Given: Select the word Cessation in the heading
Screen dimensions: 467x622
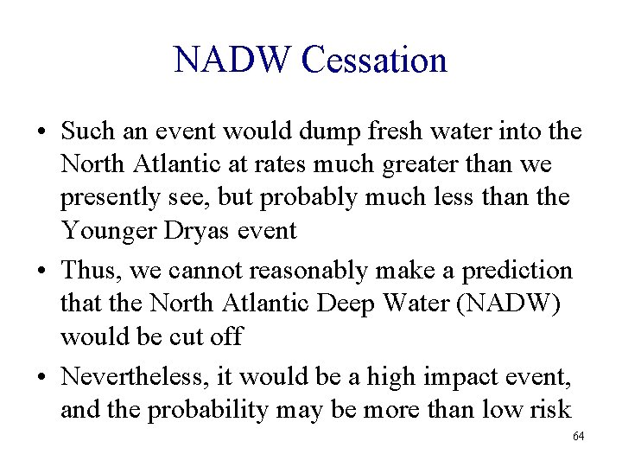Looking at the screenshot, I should click(373, 61).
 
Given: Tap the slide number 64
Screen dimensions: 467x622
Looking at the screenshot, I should click(578, 436).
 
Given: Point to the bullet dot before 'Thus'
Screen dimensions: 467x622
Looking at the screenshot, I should click(41, 271).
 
